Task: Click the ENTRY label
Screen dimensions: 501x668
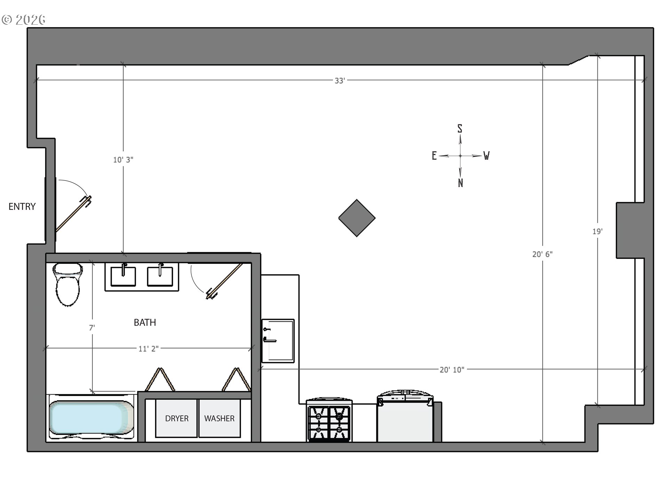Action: click(x=22, y=207)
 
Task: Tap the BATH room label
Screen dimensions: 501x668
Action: click(x=145, y=323)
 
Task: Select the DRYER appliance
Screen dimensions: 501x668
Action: click(x=176, y=418)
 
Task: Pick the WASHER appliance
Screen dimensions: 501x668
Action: click(x=219, y=418)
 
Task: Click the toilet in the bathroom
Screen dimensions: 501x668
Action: click(x=68, y=284)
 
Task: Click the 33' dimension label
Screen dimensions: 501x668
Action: click(x=340, y=81)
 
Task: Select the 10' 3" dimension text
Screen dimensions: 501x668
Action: click(x=123, y=160)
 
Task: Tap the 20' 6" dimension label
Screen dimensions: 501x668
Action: click(x=542, y=254)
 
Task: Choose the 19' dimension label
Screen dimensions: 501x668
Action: click(x=597, y=231)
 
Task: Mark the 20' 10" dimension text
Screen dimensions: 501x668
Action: click(x=452, y=370)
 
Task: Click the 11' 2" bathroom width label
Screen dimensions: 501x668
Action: click(x=148, y=349)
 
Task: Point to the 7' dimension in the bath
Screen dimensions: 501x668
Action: click(x=92, y=328)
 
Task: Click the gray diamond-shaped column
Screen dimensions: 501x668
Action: click(x=357, y=218)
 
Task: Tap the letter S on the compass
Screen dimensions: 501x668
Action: click(x=460, y=129)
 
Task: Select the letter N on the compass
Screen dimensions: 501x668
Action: click(x=460, y=183)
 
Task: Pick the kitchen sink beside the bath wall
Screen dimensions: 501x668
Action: click(x=278, y=341)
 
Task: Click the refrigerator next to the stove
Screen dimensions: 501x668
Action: click(x=405, y=417)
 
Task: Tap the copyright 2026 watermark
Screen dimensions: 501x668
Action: click(x=24, y=19)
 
